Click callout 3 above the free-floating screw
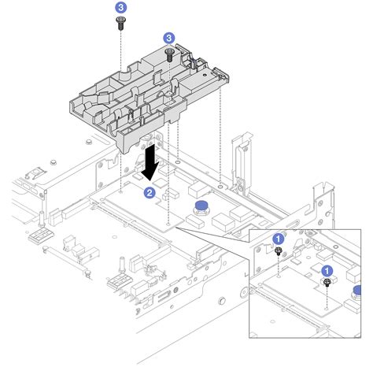click(x=120, y=6)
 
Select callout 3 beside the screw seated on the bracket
click(x=168, y=37)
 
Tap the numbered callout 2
click(x=148, y=191)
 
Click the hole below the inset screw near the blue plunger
click(x=327, y=307)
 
